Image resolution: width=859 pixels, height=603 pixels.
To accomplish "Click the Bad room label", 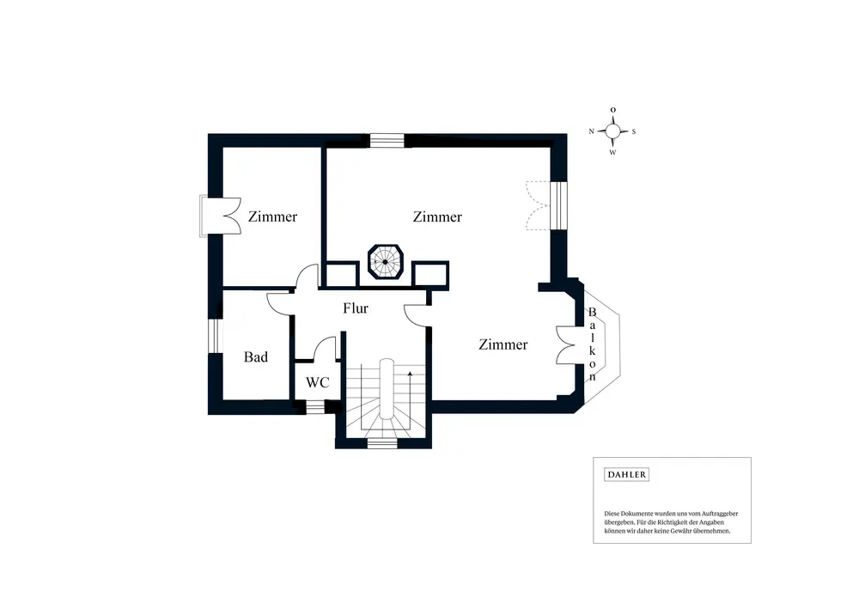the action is (x=256, y=356).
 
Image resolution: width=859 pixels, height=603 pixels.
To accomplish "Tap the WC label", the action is (x=318, y=383).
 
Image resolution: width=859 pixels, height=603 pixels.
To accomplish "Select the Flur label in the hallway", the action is (x=356, y=308).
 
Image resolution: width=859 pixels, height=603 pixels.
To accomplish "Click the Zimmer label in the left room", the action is (x=272, y=216).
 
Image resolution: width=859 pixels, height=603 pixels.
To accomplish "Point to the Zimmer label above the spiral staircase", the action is (x=437, y=216).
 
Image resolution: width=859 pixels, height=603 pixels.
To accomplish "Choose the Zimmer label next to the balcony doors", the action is (x=503, y=344).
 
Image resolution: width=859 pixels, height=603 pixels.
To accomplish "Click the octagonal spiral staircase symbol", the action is (x=386, y=262).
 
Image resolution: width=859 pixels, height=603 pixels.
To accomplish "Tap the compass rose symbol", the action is (x=612, y=131).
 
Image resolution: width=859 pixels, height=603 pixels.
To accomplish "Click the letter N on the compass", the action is (x=592, y=131).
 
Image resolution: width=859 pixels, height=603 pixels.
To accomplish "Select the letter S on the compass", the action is (x=634, y=131).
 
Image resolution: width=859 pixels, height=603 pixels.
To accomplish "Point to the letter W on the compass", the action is (x=612, y=153).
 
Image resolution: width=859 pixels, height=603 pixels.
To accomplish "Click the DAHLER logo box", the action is (x=628, y=474).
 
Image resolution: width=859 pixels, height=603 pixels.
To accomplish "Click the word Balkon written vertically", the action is (x=593, y=344).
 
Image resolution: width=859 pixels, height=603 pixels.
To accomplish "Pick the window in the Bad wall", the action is (x=215, y=335).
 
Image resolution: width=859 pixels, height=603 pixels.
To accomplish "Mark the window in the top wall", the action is (x=387, y=139).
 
